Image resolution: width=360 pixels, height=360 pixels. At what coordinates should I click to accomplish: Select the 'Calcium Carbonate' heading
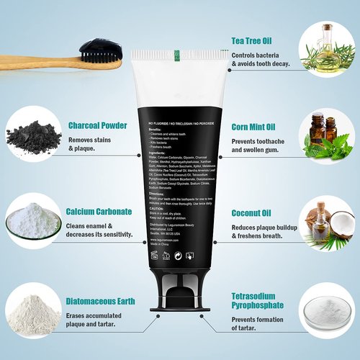click(x=99, y=212)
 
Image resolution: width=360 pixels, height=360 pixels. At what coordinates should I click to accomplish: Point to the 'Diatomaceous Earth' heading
click(x=102, y=303)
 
